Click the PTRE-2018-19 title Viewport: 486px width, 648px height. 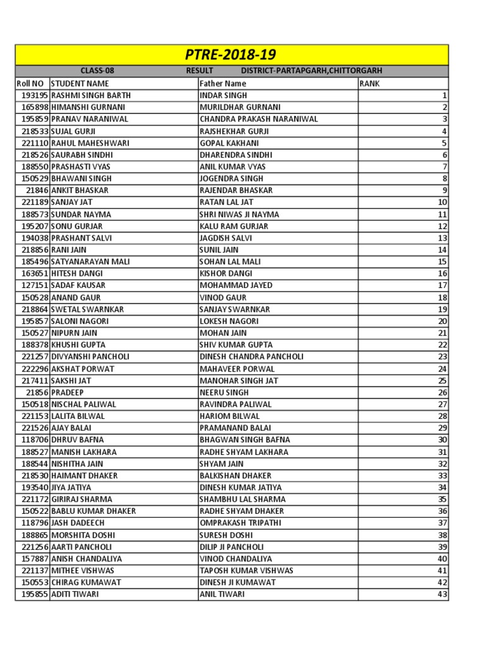click(x=231, y=54)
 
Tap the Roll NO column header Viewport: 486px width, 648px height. click(x=30, y=84)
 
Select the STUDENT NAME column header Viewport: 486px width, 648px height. click(x=80, y=84)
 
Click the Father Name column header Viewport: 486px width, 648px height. click(x=223, y=84)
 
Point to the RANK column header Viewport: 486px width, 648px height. click(x=370, y=84)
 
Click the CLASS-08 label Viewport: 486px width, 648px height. click(x=97, y=71)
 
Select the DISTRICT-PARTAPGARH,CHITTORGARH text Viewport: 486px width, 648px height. click(x=311, y=71)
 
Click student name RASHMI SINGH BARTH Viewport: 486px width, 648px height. click(x=90, y=96)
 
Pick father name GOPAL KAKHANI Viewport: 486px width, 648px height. click(x=227, y=143)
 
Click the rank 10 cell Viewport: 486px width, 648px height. click(x=442, y=202)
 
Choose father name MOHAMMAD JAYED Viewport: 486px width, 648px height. click(x=236, y=285)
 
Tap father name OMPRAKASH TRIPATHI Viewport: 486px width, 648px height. click(x=240, y=523)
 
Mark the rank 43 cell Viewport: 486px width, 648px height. click(x=442, y=595)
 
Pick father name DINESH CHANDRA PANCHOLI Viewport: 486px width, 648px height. click(x=251, y=357)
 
